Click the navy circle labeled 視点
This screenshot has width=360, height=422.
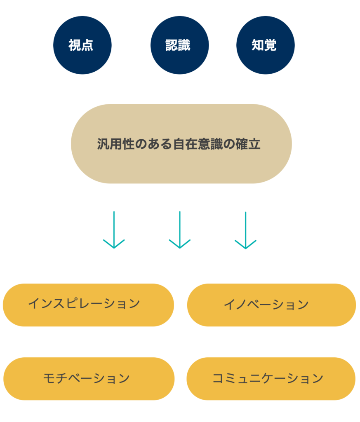(x=82, y=45)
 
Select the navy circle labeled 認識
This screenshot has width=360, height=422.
(x=179, y=45)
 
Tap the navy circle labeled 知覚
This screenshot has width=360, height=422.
(x=265, y=45)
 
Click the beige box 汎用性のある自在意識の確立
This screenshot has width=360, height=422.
(x=181, y=144)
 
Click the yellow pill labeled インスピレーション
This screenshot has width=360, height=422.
(x=88, y=305)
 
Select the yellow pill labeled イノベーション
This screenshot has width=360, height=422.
(x=271, y=305)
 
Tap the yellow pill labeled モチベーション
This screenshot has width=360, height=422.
(x=89, y=379)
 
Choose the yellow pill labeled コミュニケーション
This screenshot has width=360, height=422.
(x=271, y=379)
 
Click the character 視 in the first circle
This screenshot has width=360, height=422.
(x=75, y=45)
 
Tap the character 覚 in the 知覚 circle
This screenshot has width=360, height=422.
(x=270, y=45)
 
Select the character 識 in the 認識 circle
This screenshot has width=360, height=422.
(x=185, y=45)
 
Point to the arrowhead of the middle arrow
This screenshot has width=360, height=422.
(x=180, y=245)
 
